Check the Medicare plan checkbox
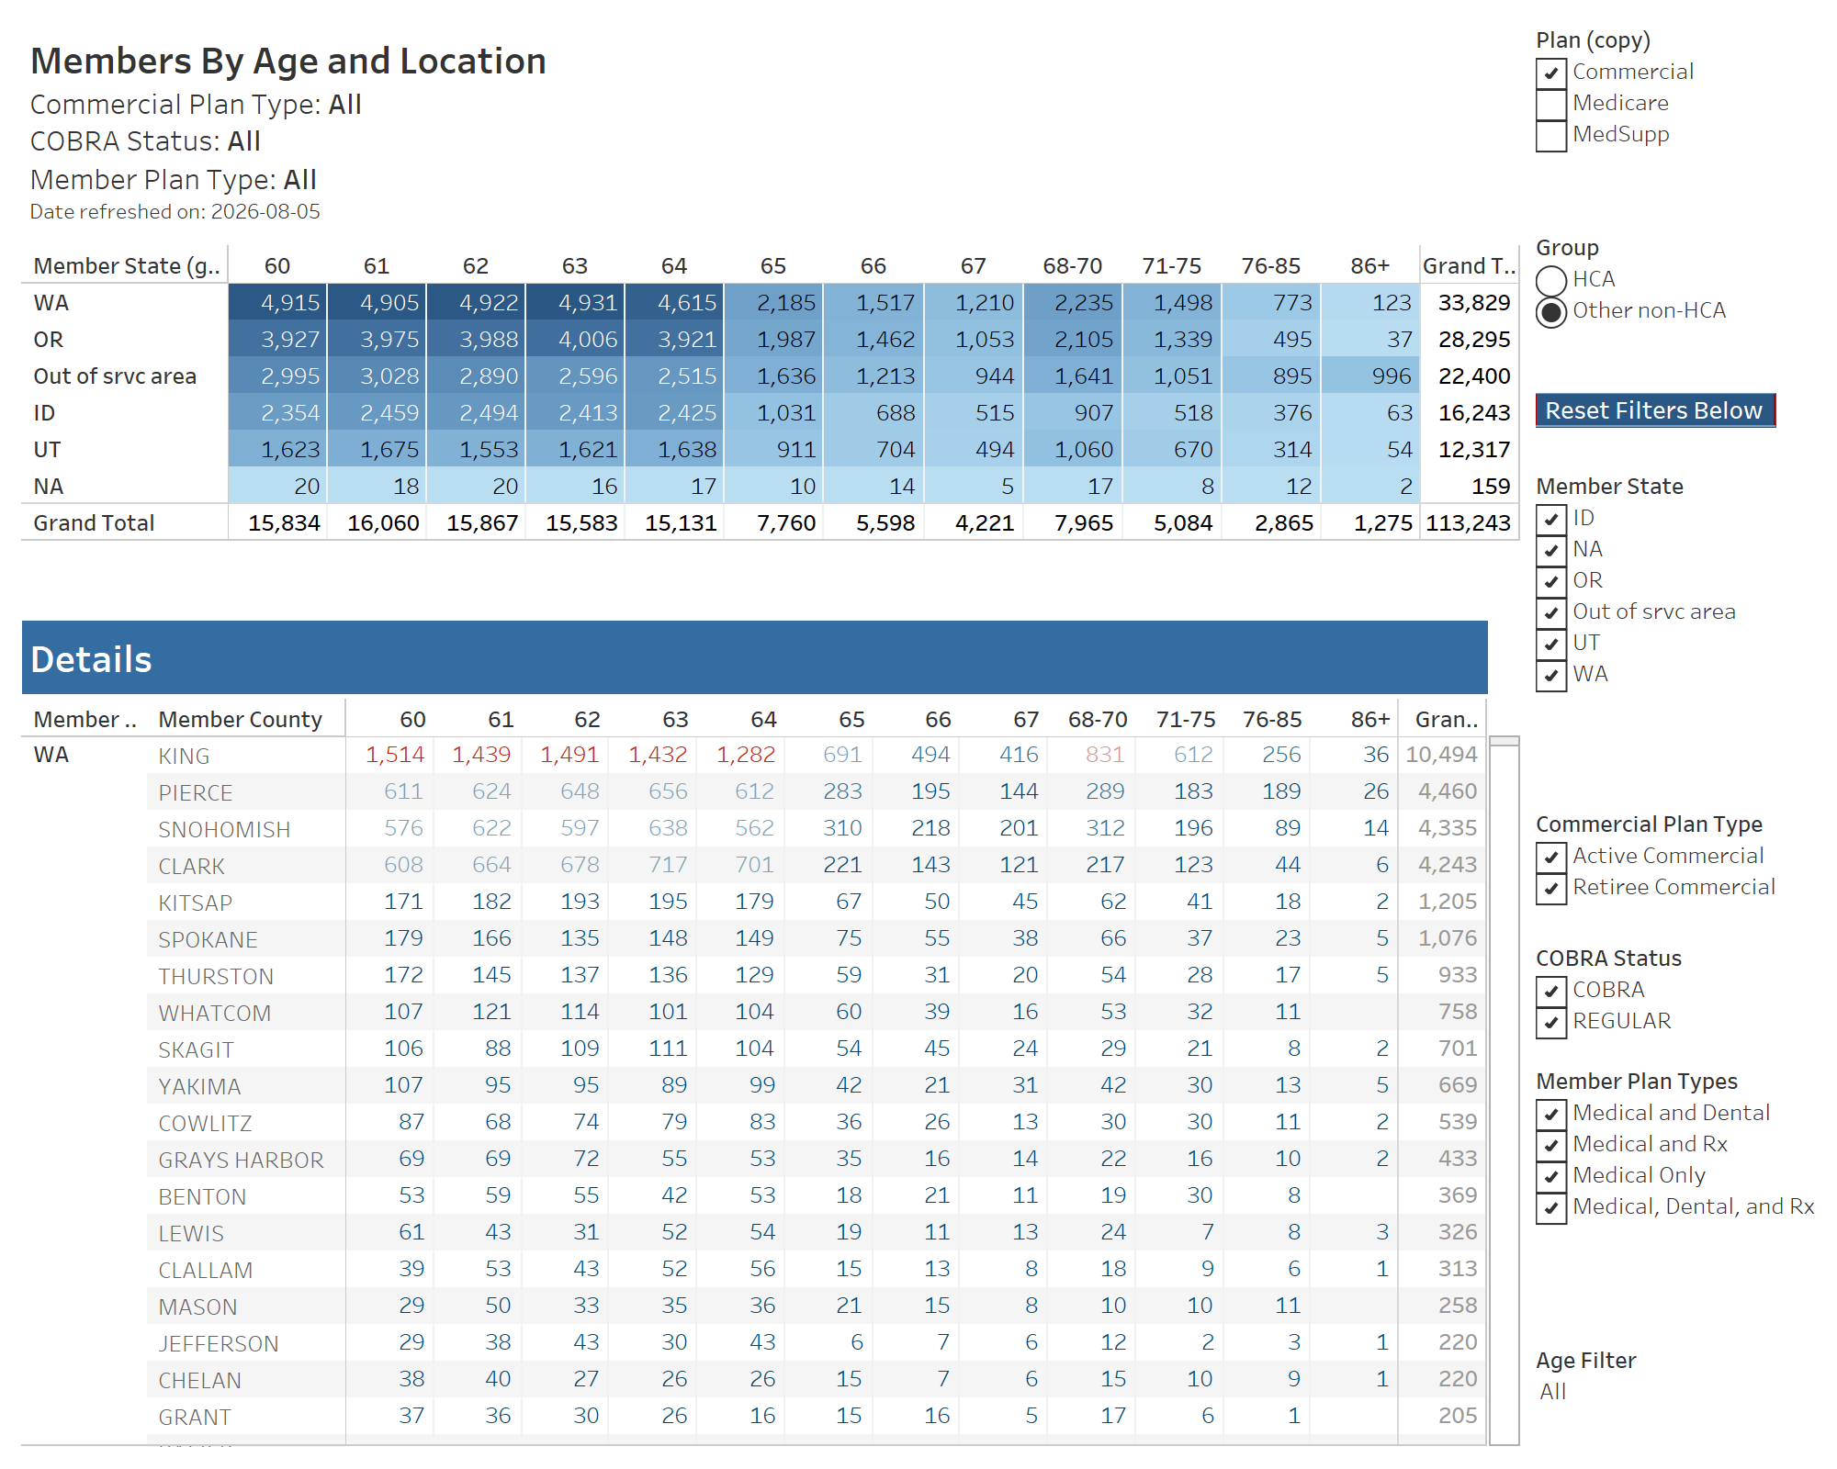click(1551, 105)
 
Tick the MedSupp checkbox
click(1551, 136)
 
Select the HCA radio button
click(1551, 280)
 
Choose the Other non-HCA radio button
click(1551, 312)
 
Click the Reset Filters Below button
click(1655, 410)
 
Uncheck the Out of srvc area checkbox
click(1551, 613)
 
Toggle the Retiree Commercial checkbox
click(1551, 889)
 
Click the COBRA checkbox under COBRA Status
click(1551, 992)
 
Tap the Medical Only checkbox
click(1551, 1177)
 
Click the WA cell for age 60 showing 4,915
click(278, 303)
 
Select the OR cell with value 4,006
click(576, 340)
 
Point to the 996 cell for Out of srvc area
click(1370, 376)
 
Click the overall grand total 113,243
click(1468, 523)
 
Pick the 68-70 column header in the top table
click(1072, 266)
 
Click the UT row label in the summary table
click(48, 450)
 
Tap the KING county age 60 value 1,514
click(395, 755)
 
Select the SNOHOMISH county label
click(224, 830)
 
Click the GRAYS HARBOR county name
click(241, 1161)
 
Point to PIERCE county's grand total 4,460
click(1448, 791)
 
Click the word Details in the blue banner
click(91, 659)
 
